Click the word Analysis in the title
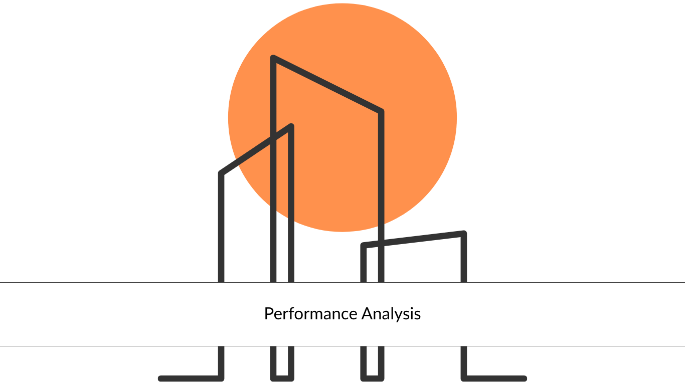click(391, 314)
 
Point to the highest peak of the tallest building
click(273, 58)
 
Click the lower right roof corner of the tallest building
click(381, 111)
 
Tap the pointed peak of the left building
click(291, 126)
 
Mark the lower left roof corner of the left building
click(221, 173)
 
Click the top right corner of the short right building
click(464, 233)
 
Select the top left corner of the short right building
click(363, 245)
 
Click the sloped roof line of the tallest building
click(327, 84)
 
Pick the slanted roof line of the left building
click(256, 150)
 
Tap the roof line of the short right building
click(413, 240)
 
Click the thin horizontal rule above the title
click(342, 283)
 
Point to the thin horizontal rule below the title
click(342, 346)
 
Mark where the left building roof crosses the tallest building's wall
click(273, 138)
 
